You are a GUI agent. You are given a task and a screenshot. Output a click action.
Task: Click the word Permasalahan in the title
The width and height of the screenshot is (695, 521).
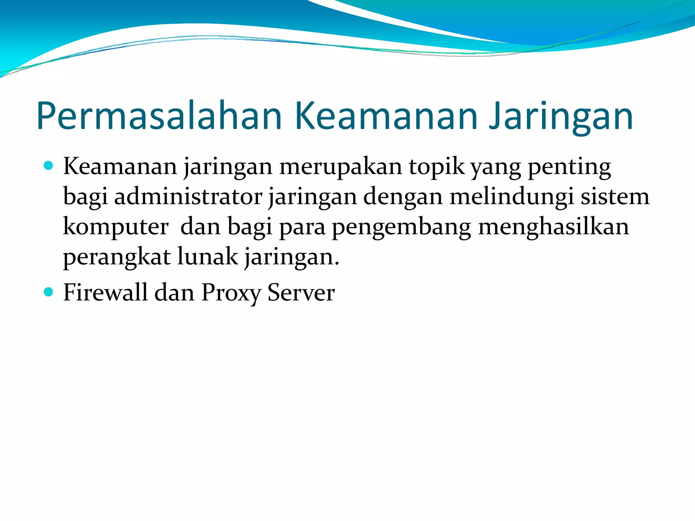(159, 116)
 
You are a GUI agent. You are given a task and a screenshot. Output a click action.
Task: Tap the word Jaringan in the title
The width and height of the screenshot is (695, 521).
(561, 116)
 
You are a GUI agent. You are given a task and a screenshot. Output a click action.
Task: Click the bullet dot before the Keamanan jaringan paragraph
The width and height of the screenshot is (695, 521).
(49, 166)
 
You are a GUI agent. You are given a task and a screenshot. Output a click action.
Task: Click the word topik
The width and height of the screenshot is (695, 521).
(436, 167)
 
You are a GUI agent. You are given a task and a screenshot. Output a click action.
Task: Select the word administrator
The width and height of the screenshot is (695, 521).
(188, 197)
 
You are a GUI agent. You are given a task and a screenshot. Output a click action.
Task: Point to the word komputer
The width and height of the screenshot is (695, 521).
(116, 227)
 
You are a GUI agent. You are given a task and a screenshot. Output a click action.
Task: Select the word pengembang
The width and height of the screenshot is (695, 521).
(401, 227)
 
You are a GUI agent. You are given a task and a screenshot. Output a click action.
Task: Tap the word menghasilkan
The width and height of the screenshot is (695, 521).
(553, 227)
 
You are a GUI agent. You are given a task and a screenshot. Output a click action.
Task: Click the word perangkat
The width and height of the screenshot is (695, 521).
(117, 257)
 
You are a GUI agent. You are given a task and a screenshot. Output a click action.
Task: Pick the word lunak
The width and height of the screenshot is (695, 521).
(208, 257)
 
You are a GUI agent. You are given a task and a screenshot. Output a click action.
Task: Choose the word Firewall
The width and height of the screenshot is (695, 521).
(105, 292)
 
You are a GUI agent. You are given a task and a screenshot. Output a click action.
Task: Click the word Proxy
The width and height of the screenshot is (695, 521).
(231, 292)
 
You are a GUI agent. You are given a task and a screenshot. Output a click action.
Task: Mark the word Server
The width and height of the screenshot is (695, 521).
(301, 292)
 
